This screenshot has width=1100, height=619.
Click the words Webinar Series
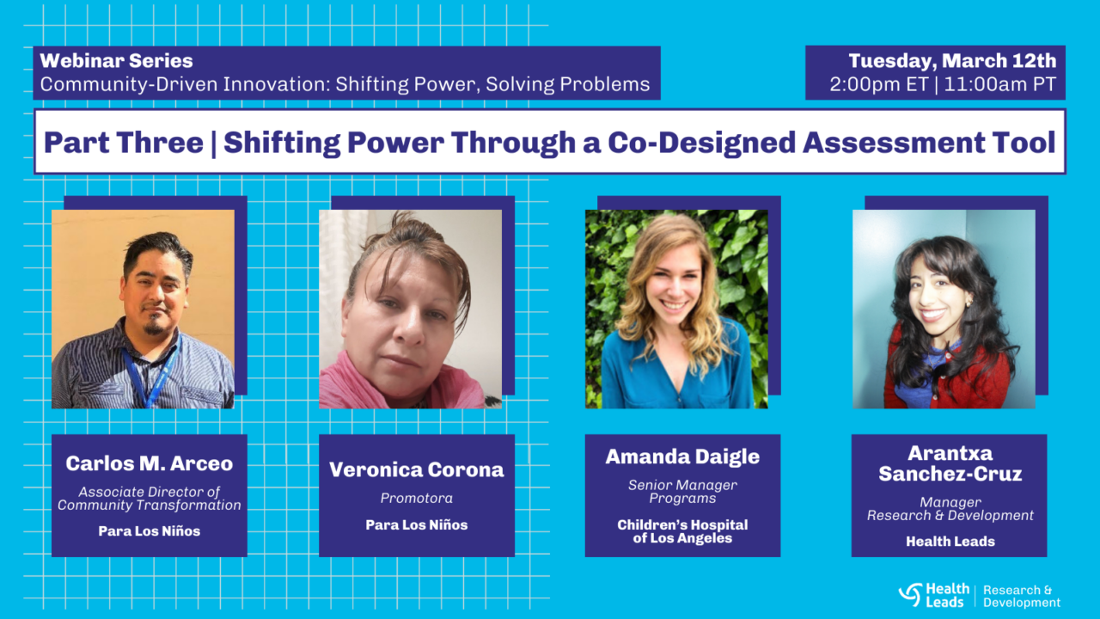[x=116, y=61]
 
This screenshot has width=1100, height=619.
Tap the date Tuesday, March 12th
[x=952, y=61]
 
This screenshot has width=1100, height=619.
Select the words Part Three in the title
[x=123, y=142]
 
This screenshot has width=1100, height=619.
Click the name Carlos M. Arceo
[x=150, y=463]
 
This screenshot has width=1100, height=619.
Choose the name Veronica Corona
[x=417, y=469]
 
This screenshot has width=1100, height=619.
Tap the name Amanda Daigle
[x=682, y=457]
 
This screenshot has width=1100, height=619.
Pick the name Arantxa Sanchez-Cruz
[x=950, y=463]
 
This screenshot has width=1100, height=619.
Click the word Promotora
[x=417, y=499]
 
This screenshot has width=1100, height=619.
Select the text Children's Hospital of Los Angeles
[x=682, y=531]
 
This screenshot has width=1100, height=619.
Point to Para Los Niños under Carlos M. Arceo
[x=150, y=531]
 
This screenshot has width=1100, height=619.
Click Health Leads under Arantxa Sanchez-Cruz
[x=950, y=542]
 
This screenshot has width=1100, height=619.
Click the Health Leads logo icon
[x=910, y=594]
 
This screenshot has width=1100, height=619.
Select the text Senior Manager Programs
[x=682, y=492]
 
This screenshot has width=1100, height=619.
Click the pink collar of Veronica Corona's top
[x=361, y=378]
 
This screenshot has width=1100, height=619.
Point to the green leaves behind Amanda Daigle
[x=739, y=258]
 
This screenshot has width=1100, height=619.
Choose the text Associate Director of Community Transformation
[x=150, y=499]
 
